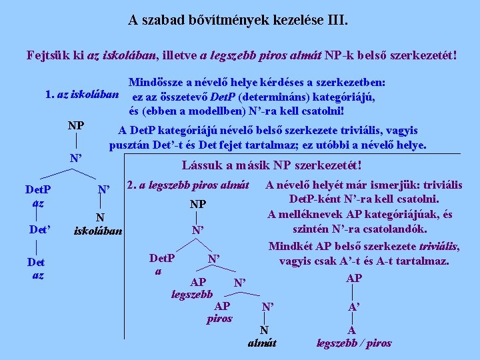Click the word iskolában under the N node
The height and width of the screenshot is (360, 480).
pos(99,231)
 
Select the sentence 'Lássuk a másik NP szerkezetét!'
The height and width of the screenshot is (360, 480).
pos(271,164)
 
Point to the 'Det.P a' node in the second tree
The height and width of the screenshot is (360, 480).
pos(161,263)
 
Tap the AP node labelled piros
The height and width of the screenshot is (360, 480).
pos(221,311)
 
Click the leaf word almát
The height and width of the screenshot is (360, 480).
pos(263,343)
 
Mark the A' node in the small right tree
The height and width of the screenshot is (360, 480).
pos(354,307)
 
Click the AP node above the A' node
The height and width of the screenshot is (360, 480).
pos(354,277)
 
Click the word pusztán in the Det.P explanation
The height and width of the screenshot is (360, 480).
pos(130,145)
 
